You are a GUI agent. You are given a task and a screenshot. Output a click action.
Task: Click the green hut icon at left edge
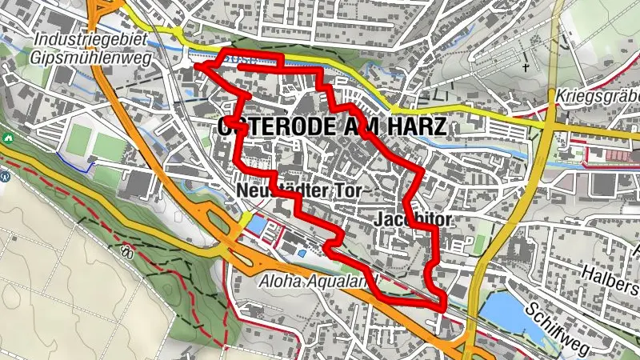(x=6, y=138)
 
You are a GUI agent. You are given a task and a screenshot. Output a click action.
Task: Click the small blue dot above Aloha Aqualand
(x=301, y=254)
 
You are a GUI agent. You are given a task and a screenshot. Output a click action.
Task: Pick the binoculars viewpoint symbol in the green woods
(x=126, y=251)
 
